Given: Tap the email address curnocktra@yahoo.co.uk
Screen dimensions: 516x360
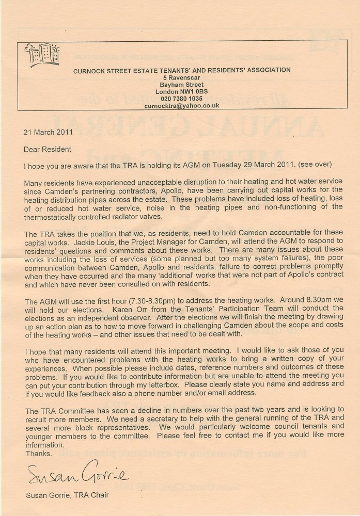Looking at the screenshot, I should coord(182,105).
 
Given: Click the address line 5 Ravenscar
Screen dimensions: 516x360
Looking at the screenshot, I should coord(181,77).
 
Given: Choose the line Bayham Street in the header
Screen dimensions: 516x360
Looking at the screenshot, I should coord(181,84).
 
